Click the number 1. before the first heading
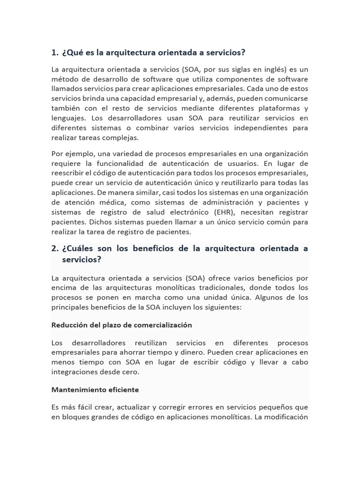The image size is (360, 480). pos(55,52)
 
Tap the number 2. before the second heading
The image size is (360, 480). pos(55,248)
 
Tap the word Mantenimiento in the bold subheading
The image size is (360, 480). pos(75,390)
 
